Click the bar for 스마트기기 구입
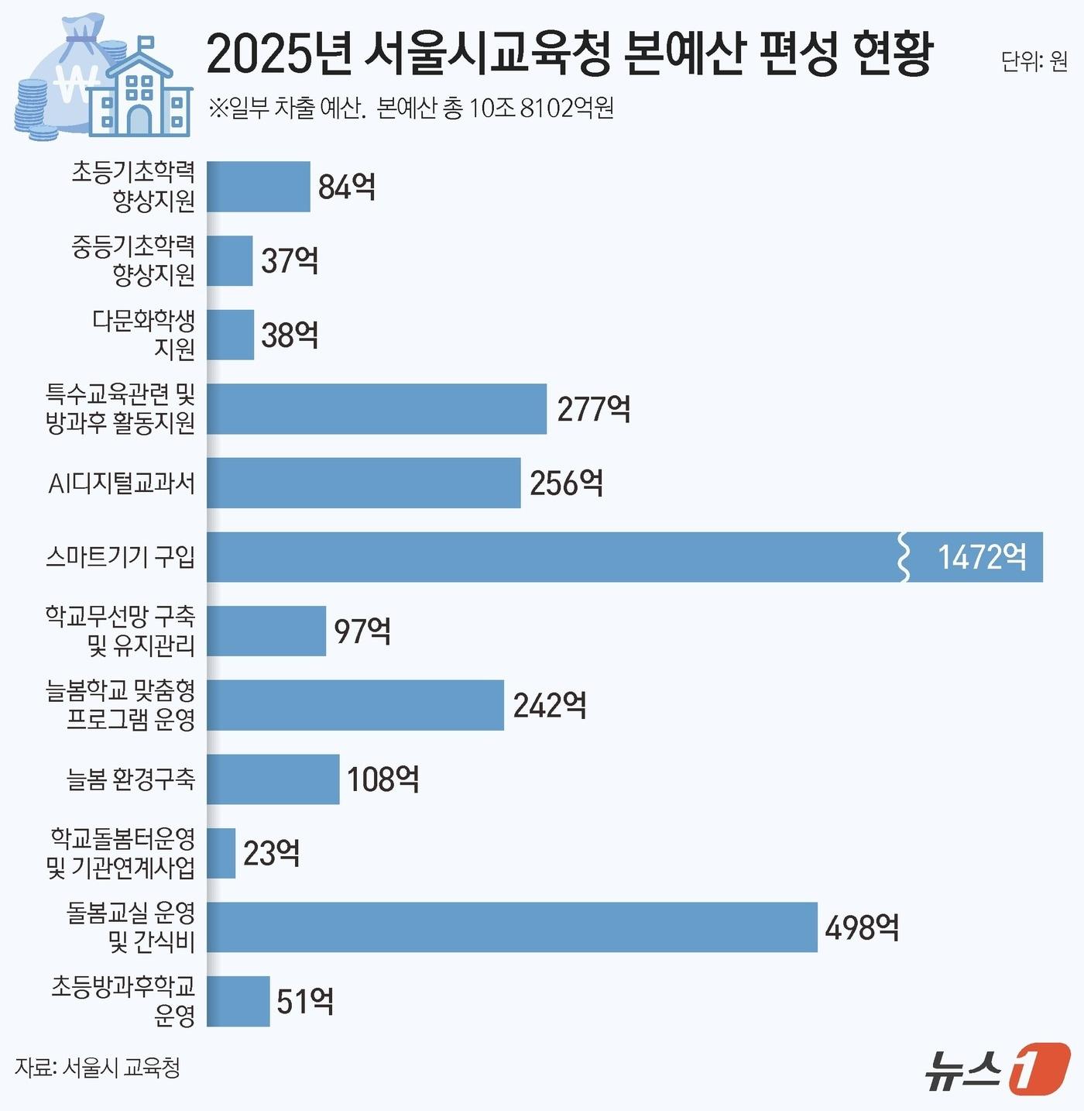coord(554,557)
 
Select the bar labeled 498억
coord(512,927)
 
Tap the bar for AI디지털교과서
coord(364,483)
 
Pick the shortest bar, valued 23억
coord(221,853)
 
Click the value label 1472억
coord(982,557)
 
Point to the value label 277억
coord(594,409)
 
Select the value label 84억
coord(347,187)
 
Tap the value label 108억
coord(383,779)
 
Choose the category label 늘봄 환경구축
coord(131,779)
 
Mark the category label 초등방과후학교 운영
coord(124,1001)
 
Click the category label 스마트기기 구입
coord(121,556)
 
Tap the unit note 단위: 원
coord(1034,61)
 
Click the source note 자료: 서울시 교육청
coord(98,1068)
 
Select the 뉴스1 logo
coord(998,1069)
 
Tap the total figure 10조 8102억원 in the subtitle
coord(541,108)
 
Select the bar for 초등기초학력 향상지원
coord(259,187)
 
